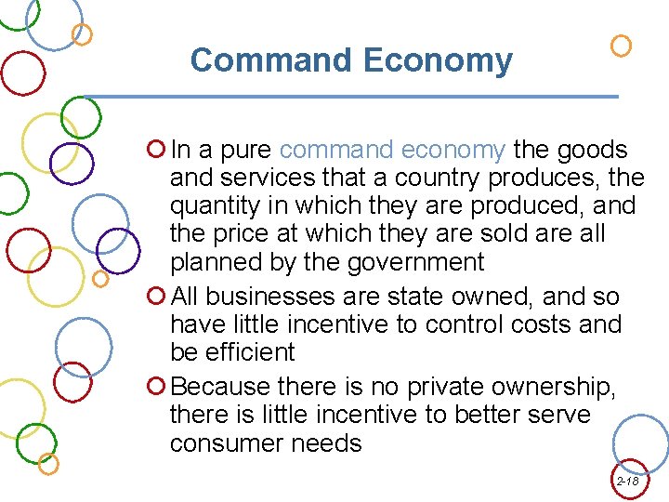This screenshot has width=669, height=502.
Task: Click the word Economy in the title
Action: pyautogui.click(x=438, y=61)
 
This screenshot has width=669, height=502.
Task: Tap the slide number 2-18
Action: pyautogui.click(x=627, y=482)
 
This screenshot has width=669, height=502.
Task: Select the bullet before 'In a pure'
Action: pyautogui.click(x=156, y=150)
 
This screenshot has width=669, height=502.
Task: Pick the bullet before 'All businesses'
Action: pyautogui.click(x=156, y=297)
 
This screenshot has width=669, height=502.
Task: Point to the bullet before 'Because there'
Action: pyautogui.click(x=156, y=386)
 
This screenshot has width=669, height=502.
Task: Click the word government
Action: pyautogui.click(x=415, y=262)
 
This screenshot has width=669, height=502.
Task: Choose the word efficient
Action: pyautogui.click(x=250, y=352)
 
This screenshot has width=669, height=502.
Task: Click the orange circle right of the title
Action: pyautogui.click(x=621, y=45)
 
